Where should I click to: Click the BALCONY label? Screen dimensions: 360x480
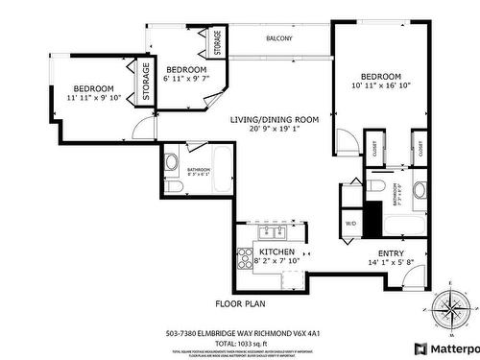(279, 38)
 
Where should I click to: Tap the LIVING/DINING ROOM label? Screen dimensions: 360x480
(274, 119)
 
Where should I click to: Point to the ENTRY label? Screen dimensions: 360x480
(419, 252)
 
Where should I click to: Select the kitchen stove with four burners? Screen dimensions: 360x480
(244, 258)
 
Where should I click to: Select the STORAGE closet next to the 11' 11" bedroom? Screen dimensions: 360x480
(147, 81)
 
